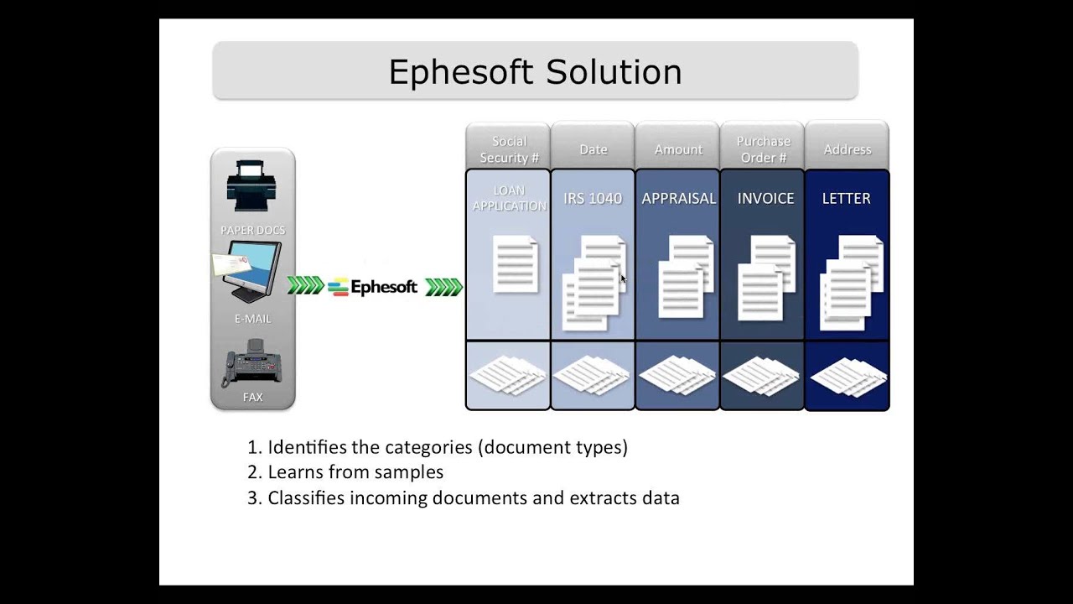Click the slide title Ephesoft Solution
click(x=535, y=72)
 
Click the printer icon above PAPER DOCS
click(x=252, y=185)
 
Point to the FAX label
click(x=252, y=397)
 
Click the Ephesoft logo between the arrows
click(x=373, y=287)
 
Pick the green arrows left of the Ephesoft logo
click(x=305, y=286)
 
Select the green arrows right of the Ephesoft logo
click(x=443, y=287)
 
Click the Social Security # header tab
click(x=509, y=148)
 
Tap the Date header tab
click(x=593, y=149)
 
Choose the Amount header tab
click(x=678, y=149)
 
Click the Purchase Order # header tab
click(x=763, y=148)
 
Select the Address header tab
click(x=848, y=149)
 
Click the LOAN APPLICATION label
click(x=509, y=198)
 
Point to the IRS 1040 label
click(x=593, y=199)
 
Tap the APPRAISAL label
click(x=678, y=199)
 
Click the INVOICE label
click(x=765, y=199)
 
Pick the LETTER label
click(x=846, y=199)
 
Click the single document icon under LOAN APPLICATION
click(x=516, y=264)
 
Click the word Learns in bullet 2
click(x=295, y=472)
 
